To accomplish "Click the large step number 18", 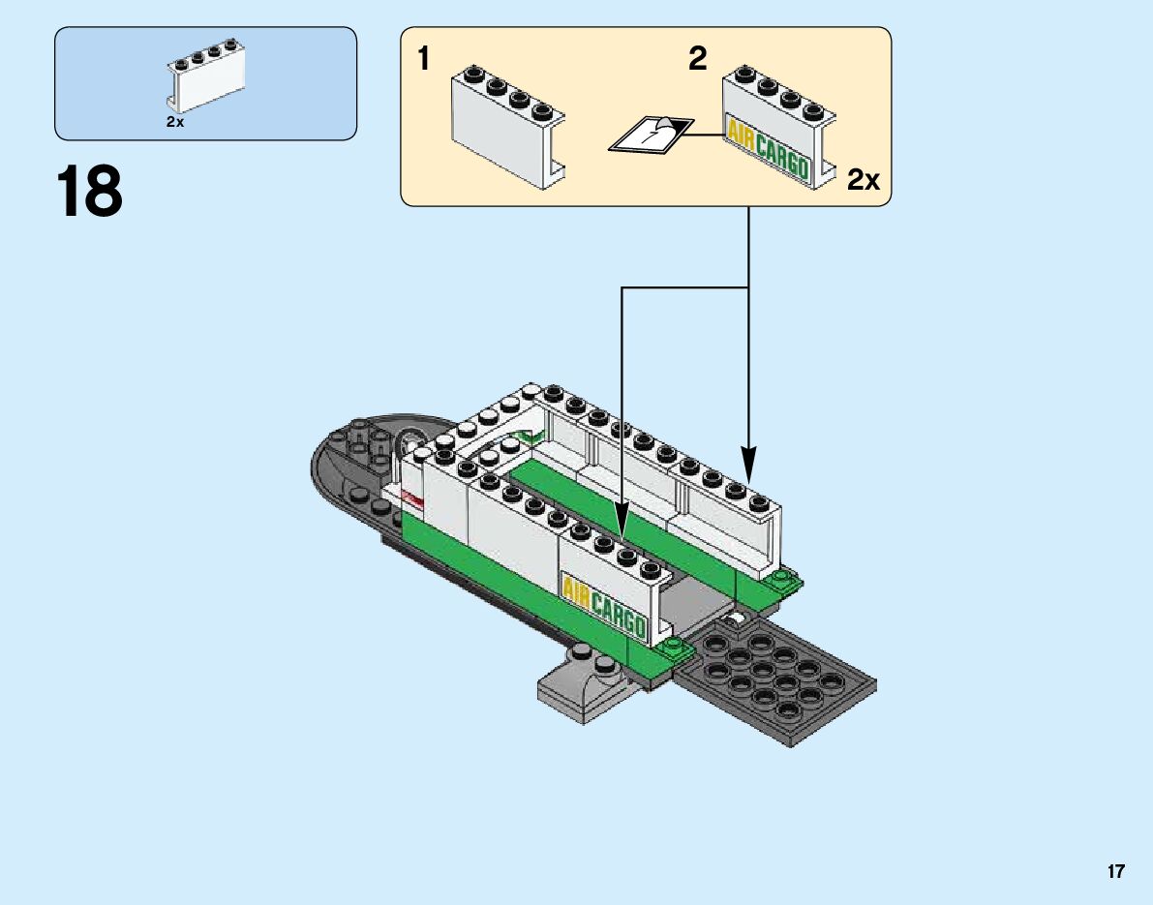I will tap(90, 192).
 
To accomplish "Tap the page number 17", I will tap(1116, 872).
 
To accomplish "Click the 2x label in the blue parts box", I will tap(174, 122).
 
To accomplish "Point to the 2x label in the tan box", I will tap(863, 179).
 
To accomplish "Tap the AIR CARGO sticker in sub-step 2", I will tap(767, 148).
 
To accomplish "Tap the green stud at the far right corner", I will tap(782, 581).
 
